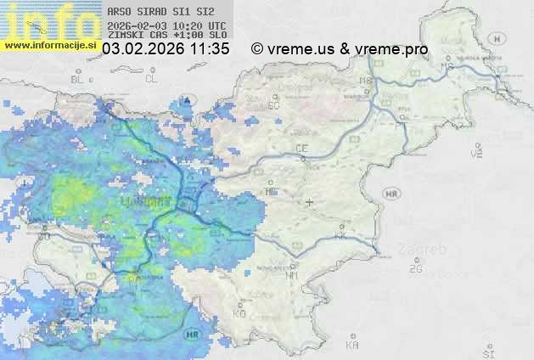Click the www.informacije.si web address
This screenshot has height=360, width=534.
(50, 44)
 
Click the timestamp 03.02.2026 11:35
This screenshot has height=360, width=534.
(166, 49)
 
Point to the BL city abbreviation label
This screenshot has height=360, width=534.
(79, 79)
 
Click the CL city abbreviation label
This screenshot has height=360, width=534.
(151, 79)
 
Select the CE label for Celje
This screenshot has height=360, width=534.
(301, 149)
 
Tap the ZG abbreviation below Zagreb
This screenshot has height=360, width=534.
(415, 269)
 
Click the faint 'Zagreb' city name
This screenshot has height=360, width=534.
(424, 250)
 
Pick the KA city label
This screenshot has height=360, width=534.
(353, 345)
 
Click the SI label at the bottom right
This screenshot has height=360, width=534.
(487, 352)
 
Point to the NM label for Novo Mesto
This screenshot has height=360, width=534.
(292, 275)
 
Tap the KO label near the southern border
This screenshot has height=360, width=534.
(239, 313)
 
